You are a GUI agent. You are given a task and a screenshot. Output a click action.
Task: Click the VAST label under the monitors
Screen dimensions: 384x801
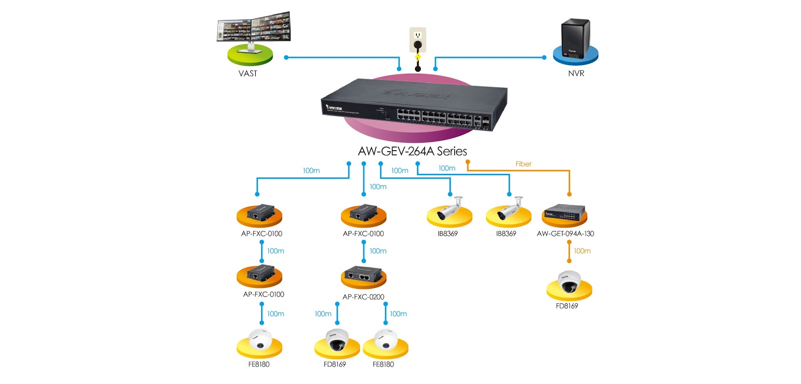coord(248,74)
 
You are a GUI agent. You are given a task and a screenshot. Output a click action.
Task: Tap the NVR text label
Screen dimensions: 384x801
coord(576,74)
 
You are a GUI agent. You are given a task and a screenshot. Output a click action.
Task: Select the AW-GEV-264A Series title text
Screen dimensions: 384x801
coord(412,151)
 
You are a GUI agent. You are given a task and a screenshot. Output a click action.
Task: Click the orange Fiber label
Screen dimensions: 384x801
coord(523,164)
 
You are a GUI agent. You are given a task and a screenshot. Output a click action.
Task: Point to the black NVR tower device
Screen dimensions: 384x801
coord(575,39)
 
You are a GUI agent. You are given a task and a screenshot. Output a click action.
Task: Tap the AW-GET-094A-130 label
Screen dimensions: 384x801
coord(565,234)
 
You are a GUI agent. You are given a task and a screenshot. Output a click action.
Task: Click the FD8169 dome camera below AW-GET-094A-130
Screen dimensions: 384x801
coord(569,282)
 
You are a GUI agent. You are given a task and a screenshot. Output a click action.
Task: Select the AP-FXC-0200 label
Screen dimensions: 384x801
coord(363,297)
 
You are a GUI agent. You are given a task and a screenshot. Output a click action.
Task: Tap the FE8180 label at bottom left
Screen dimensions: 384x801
coord(259,364)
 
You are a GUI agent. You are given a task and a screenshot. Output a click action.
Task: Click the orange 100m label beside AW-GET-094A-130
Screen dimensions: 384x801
coord(582,251)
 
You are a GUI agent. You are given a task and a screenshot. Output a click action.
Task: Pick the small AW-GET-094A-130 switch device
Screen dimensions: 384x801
coord(564,212)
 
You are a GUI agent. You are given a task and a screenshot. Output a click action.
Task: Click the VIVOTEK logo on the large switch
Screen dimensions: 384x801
coord(334,107)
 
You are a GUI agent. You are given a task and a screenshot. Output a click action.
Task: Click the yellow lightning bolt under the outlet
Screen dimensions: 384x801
coord(418,57)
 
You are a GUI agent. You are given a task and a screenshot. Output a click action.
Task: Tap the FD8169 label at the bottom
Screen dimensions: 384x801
coord(334,364)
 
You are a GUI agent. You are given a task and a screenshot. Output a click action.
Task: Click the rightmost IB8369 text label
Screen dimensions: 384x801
coord(506,234)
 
